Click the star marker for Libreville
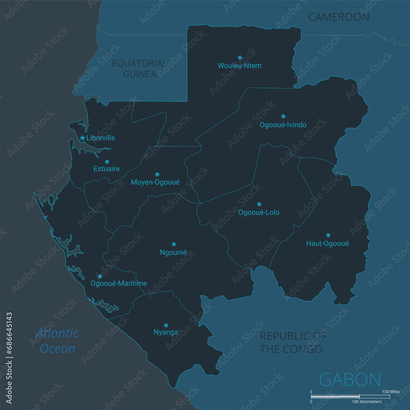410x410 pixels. pos(82,138)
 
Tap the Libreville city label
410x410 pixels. pos(100,138)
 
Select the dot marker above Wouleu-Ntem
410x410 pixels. pos(240,57)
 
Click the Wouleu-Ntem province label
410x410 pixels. pos(239,66)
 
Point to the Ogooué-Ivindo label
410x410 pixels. pos(283,125)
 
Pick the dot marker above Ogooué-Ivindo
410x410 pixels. pos(283,116)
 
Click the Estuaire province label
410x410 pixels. pos(107,169)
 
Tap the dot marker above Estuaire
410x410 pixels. pos(107,162)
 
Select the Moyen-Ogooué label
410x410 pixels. pos(155,182)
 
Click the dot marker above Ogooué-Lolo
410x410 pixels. pos(259,204)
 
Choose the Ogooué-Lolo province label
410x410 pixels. pos(259,212)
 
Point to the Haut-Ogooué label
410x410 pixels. pos(328,244)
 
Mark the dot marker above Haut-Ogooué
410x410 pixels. pos(328,235)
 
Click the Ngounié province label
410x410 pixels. pos(173,253)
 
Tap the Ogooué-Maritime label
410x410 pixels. pos(118,283)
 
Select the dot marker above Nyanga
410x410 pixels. pos(166,325)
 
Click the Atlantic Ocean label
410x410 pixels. pos(57,340)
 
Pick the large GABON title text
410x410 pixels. pos(350,380)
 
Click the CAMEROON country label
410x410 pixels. pos(339,17)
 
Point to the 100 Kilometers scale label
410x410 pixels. pos(367,401)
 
